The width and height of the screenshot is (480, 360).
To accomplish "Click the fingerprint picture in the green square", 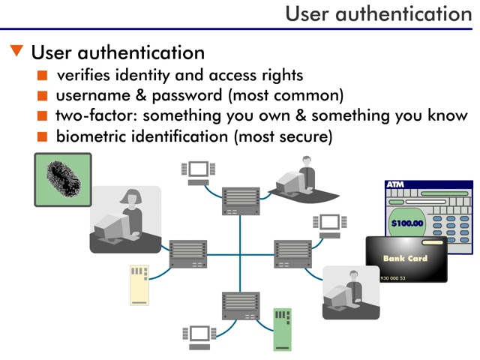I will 62,180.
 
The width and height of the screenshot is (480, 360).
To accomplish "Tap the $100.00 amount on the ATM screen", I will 407,223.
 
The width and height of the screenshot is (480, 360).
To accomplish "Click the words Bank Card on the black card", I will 406,259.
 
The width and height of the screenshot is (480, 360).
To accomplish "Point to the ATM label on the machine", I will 395,184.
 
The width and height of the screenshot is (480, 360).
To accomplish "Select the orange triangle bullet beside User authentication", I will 17,52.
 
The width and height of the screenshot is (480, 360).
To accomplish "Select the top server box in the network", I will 241,200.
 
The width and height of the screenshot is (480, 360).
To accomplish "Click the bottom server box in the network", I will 241,306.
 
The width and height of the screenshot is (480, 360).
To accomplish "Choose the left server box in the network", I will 188,253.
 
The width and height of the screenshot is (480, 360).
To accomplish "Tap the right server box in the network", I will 292,253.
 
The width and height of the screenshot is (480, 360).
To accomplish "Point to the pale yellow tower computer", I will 139,284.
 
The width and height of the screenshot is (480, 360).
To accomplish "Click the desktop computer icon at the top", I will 198,172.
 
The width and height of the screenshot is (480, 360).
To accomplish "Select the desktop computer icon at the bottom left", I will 198,335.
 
